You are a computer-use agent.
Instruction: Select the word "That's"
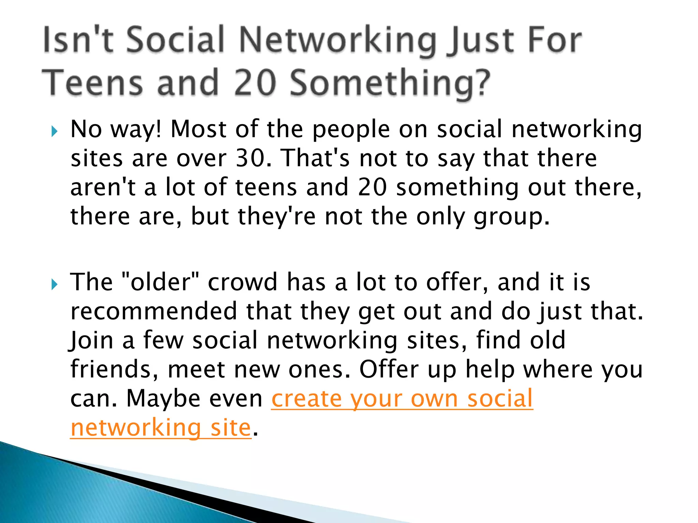tap(317, 158)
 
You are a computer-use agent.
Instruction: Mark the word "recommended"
tap(154, 311)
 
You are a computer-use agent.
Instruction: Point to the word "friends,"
tap(115, 369)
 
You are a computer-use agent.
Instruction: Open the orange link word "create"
tap(306, 399)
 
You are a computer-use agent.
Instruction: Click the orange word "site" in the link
tap(231, 428)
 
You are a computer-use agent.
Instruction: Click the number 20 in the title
tap(255, 83)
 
